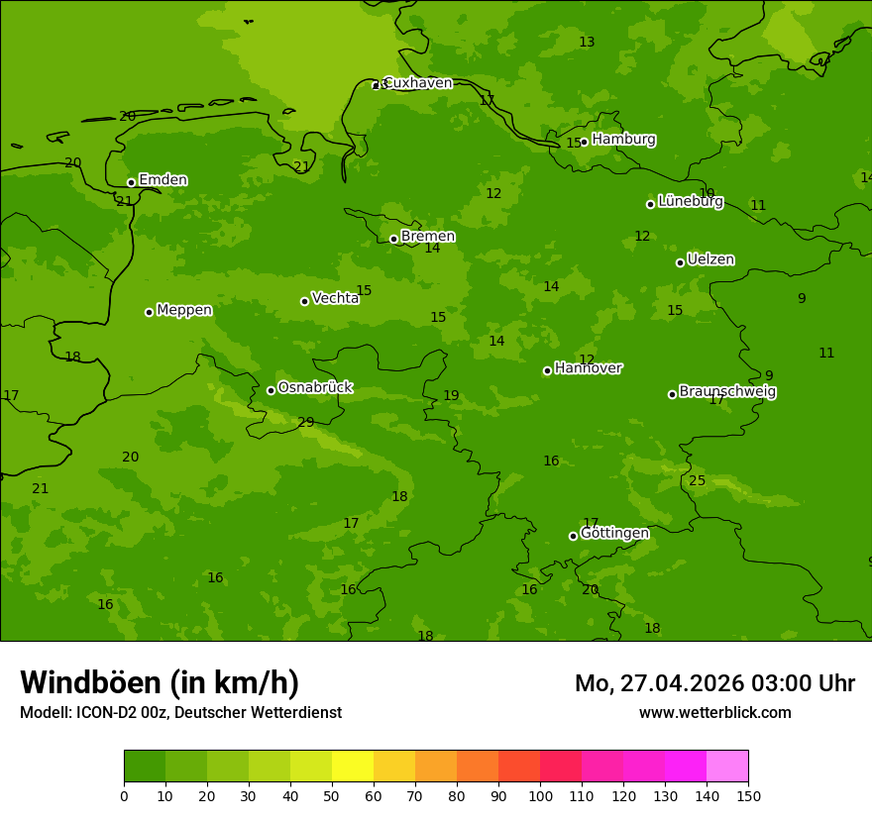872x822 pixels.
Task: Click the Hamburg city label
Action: click(x=623, y=140)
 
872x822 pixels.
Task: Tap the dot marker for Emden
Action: click(x=131, y=182)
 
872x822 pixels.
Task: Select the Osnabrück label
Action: click(x=314, y=387)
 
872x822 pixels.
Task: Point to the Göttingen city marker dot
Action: click(x=573, y=536)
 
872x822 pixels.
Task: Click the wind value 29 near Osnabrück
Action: click(x=306, y=423)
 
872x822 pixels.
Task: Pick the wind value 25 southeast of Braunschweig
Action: click(x=698, y=481)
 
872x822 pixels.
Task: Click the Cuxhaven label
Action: click(x=417, y=83)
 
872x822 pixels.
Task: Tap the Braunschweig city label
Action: click(x=727, y=392)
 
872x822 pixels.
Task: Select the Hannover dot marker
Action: click(x=547, y=370)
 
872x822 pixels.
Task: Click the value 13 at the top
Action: click(x=587, y=42)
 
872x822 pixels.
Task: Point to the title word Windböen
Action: click(x=89, y=682)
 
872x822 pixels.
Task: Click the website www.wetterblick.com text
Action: click(x=714, y=713)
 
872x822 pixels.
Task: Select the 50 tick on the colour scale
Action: click(x=332, y=795)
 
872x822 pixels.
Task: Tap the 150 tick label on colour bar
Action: click(x=748, y=795)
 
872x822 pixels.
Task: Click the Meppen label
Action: click(x=184, y=310)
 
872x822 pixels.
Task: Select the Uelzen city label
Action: click(x=710, y=259)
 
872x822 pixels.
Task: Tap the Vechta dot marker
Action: click(x=304, y=301)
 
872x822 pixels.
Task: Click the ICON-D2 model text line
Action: click(x=180, y=713)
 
